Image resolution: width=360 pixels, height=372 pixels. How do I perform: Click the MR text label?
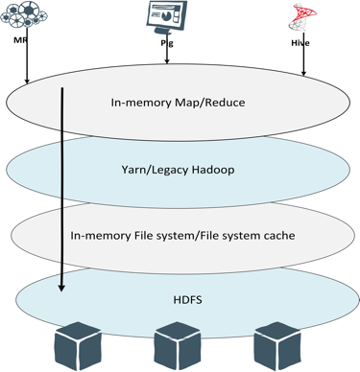pyautogui.click(x=19, y=42)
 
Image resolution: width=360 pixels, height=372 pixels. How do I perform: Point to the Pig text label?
pyautogui.click(x=167, y=43)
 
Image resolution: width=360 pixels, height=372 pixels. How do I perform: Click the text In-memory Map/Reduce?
pyautogui.click(x=180, y=103)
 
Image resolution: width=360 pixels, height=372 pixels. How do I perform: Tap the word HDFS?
pyautogui.click(x=180, y=298)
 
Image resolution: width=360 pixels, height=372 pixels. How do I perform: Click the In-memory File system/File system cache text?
pyautogui.click(x=180, y=233)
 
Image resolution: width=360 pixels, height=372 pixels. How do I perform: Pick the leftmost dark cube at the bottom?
pyautogui.click(x=79, y=347)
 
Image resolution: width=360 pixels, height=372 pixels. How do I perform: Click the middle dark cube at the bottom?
pyautogui.click(x=179, y=347)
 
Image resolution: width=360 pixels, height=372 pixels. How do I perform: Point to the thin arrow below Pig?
pyautogui.click(x=168, y=56)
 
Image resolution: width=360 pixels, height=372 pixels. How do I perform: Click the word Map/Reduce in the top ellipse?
pyautogui.click(x=210, y=103)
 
